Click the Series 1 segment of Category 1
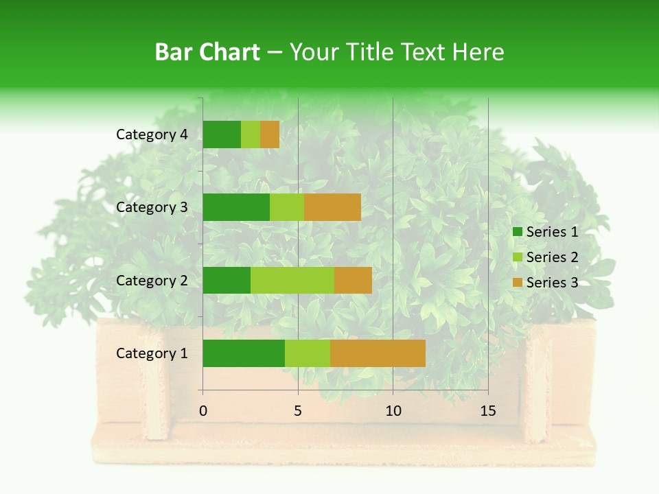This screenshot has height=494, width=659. tap(244, 353)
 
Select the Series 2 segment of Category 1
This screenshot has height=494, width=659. tap(308, 353)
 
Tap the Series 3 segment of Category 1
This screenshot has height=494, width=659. tap(378, 353)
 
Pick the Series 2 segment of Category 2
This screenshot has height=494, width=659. tap(292, 280)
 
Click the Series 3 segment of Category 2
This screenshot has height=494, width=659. tap(353, 280)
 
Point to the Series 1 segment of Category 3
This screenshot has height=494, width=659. tap(236, 207)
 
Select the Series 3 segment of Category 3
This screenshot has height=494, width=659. tap(332, 207)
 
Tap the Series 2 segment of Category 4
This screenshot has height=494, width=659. tap(251, 134)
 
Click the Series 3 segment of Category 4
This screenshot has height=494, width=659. tap(270, 134)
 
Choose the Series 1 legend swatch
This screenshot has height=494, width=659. tap(517, 232)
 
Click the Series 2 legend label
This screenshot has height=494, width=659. tap(552, 257)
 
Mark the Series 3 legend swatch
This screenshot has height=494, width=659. tap(517, 283)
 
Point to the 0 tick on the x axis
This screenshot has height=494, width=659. tap(203, 411)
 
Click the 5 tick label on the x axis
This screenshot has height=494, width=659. tap(298, 411)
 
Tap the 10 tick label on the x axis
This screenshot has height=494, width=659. tap(393, 411)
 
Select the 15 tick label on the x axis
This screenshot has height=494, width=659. tap(487, 411)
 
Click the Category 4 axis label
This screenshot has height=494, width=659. tap(152, 134)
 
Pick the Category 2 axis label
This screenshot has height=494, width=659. tap(152, 280)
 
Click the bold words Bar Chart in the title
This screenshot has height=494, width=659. tap(207, 52)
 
